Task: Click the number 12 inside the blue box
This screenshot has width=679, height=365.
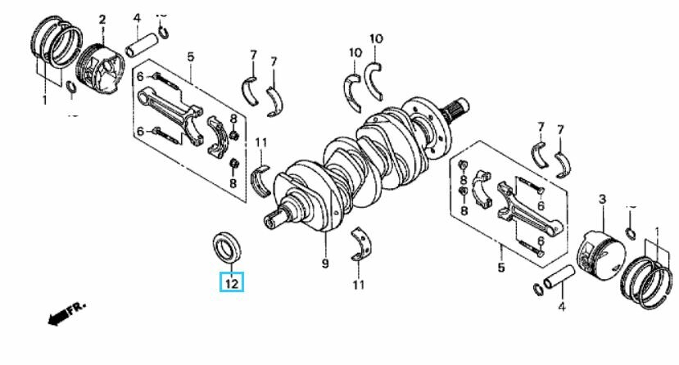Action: [232, 284]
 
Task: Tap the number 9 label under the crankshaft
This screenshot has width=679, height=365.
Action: [325, 264]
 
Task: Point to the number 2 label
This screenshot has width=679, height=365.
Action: [102, 20]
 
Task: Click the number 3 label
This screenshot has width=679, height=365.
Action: [602, 200]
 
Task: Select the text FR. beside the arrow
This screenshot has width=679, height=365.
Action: [78, 306]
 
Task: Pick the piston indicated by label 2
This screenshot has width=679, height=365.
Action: [101, 67]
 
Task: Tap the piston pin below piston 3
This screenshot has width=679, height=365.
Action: [559, 277]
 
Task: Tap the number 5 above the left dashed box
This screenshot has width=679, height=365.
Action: [191, 56]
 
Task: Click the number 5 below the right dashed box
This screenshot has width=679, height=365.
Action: [501, 268]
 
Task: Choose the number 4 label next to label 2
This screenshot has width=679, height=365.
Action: [137, 19]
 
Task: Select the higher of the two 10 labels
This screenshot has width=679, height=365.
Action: [376, 38]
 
